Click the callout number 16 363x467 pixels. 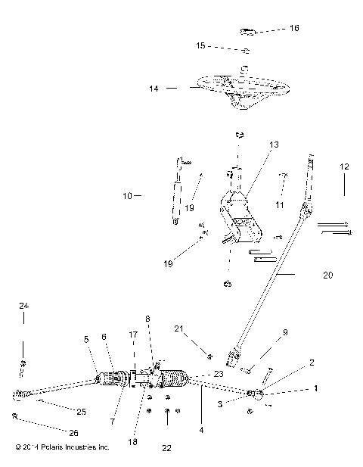coord(294,28)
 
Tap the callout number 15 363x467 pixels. coord(200,46)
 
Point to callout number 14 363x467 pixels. coord(154,89)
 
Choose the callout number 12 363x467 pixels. coord(344,165)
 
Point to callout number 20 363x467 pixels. coord(327,276)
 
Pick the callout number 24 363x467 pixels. coord(23,306)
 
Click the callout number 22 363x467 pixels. coord(166,448)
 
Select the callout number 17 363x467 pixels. coord(133,334)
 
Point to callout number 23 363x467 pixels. coord(219,373)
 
